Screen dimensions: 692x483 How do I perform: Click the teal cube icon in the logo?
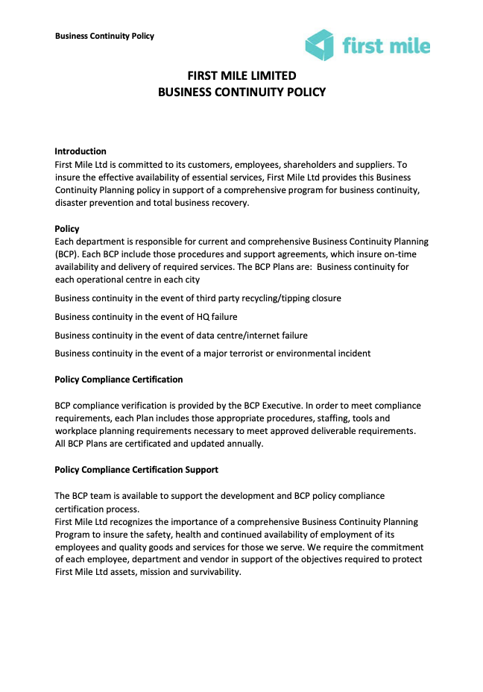coord(319,45)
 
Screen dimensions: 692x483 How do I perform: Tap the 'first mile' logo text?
coord(386,46)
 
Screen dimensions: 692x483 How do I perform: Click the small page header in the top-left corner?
coord(104,36)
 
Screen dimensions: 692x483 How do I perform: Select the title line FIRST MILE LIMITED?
coord(241,76)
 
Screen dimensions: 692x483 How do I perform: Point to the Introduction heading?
coord(80,151)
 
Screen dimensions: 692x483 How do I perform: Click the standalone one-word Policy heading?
coord(67,229)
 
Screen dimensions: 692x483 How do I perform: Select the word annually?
coord(241,444)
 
